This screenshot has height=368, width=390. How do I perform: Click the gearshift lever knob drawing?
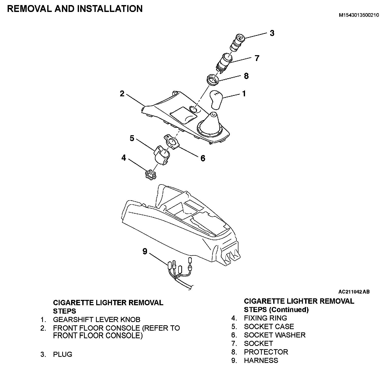[x=216, y=100]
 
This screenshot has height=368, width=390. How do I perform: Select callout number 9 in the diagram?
[x=145, y=251]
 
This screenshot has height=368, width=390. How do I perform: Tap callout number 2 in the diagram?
[x=122, y=94]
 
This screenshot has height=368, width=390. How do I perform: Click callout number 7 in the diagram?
[x=257, y=58]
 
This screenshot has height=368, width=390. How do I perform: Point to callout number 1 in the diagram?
[x=244, y=94]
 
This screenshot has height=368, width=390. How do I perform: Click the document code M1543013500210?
[x=359, y=15]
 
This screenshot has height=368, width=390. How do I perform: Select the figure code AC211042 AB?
[x=354, y=292]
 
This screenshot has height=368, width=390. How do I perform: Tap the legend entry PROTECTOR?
[x=266, y=352]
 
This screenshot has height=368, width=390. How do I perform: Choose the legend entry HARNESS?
[x=261, y=360]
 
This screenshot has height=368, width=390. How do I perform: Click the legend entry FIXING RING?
[x=265, y=318]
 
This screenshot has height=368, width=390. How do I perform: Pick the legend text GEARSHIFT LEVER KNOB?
[x=96, y=319]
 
